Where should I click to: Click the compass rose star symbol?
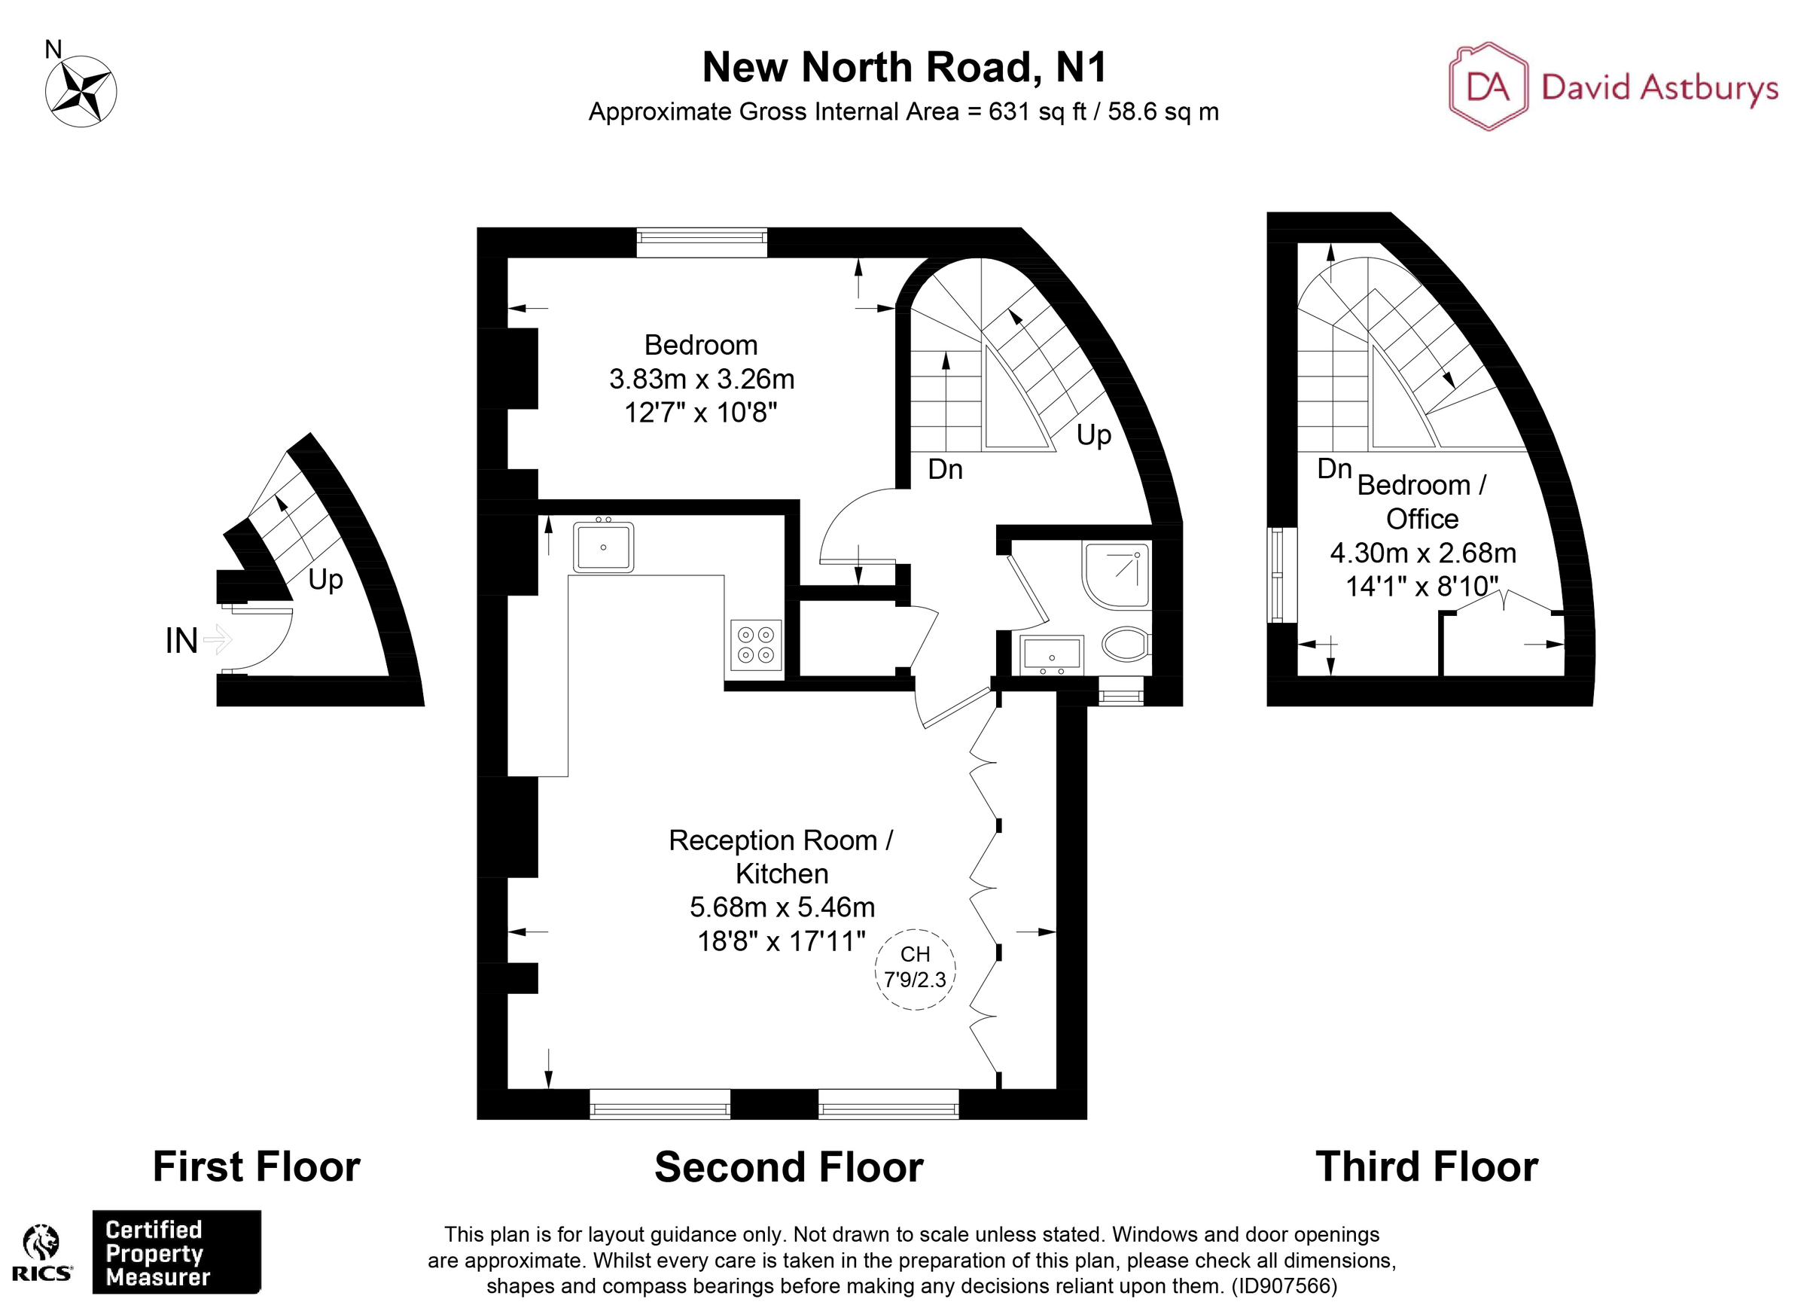81,91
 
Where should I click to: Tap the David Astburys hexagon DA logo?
1488,86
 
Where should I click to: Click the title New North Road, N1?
903,67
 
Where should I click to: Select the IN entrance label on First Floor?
181,641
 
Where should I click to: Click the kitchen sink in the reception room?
603,547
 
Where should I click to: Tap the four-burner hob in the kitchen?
756,645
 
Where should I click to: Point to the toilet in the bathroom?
1126,643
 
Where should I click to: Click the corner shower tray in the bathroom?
1117,575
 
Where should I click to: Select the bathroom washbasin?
1052,656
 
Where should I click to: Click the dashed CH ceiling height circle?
916,969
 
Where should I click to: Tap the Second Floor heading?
789,1167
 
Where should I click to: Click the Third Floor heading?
1426,1166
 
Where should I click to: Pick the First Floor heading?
257,1166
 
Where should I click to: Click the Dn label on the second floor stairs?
946,469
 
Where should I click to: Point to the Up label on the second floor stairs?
1094,435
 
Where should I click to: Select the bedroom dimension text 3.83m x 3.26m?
702,380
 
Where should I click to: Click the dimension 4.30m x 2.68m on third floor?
1423,553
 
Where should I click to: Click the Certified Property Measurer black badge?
176,1252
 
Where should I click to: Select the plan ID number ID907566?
1284,1286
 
